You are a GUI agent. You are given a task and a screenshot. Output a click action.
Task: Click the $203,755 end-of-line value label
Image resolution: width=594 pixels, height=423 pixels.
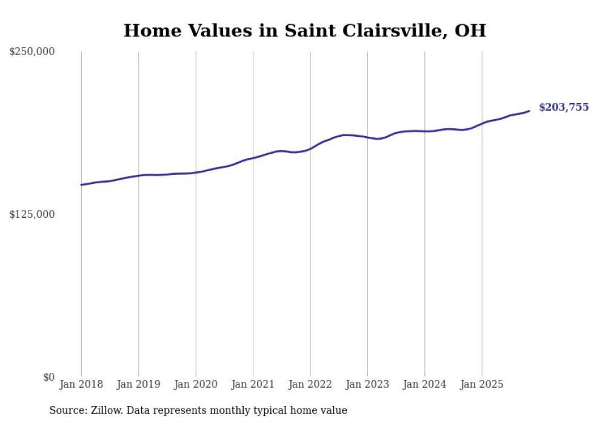tap(563, 107)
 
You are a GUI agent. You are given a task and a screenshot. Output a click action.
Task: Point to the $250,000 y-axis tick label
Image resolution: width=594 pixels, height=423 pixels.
tap(32, 51)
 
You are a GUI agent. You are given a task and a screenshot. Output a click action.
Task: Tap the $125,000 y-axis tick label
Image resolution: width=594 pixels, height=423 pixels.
tap(32, 214)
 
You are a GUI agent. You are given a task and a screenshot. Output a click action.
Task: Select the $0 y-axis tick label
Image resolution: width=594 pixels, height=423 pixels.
tap(48, 377)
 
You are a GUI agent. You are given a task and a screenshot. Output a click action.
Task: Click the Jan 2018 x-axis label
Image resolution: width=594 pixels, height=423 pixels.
tap(81, 384)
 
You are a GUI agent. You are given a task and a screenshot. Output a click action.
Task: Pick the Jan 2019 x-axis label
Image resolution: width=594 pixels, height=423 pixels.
tap(138, 384)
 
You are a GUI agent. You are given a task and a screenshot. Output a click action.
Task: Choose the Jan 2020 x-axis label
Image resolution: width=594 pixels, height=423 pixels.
tap(196, 384)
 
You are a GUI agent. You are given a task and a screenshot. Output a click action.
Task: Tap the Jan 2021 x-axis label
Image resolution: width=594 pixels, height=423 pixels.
tap(253, 384)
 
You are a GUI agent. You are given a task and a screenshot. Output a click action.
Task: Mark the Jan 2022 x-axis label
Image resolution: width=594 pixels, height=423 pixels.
tap(310, 384)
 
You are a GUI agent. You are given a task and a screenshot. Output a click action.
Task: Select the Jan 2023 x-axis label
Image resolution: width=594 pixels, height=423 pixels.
tap(367, 384)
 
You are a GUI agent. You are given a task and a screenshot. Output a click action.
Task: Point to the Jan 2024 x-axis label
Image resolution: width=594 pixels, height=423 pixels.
tap(424, 384)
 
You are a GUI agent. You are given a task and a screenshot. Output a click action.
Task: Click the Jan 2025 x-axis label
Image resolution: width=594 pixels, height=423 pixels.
tap(482, 384)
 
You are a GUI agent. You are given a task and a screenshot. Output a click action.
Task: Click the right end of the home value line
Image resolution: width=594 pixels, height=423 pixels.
tap(529, 111)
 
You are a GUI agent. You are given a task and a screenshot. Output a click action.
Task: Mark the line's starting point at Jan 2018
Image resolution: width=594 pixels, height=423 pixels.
tap(81, 185)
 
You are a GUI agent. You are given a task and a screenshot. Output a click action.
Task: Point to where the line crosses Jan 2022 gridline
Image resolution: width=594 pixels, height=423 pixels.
tap(310, 148)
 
